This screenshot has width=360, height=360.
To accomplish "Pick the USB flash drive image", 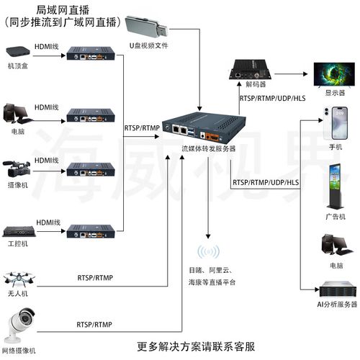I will point(148,27).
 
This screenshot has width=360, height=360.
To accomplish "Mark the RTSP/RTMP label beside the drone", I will point(94,278).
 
